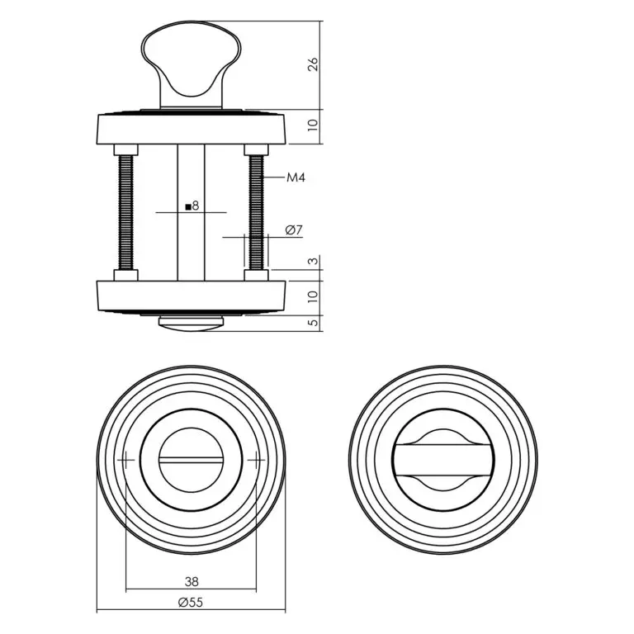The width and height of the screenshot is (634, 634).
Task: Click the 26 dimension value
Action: [x=314, y=64]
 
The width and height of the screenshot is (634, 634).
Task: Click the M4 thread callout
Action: [x=296, y=177]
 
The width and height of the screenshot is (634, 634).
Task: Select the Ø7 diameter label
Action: [x=294, y=230]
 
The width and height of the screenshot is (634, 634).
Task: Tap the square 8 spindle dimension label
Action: [x=192, y=206]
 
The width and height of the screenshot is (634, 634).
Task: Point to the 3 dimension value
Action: [x=314, y=261]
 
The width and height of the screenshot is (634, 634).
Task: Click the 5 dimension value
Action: [x=314, y=323]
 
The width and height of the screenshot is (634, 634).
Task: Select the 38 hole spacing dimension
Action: [x=192, y=581]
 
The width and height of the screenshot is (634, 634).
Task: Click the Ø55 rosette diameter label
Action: [x=191, y=603]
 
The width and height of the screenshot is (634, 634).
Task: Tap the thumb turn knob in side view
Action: [x=191, y=64]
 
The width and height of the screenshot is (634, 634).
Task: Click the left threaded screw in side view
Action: [x=125, y=213]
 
